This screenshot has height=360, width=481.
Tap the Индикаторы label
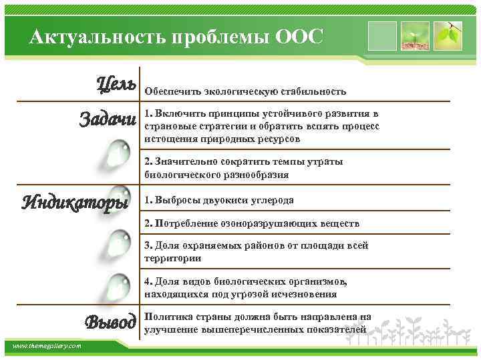tap(74, 201)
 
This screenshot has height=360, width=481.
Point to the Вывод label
tap(111, 322)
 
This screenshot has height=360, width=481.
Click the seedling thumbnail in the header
tap(415, 35)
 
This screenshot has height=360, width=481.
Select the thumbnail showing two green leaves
tap(448, 35)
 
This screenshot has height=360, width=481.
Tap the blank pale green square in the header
tap(382, 35)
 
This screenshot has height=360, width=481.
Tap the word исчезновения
tap(304, 293)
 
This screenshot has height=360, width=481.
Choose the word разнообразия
tap(256, 175)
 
